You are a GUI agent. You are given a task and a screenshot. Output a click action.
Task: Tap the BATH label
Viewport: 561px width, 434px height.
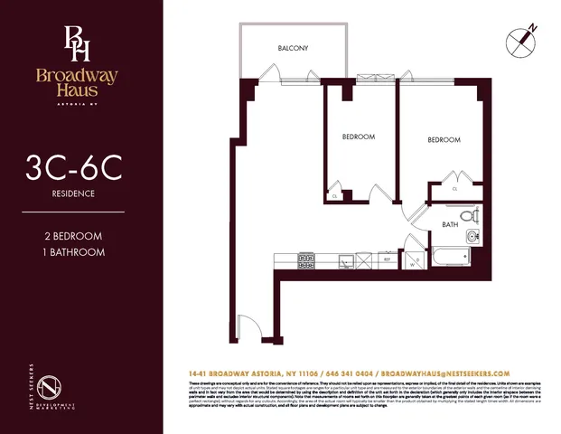[451, 224]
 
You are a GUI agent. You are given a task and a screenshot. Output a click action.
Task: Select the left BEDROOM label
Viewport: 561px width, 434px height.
[359, 137]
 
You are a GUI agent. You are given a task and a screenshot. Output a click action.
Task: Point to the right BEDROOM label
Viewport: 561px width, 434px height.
[444, 140]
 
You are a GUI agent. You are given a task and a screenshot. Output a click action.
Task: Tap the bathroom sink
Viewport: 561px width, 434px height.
[472, 238]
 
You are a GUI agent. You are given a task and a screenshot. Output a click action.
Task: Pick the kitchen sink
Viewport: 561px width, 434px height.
[345, 262]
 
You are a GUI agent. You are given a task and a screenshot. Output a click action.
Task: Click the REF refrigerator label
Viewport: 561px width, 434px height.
[387, 259]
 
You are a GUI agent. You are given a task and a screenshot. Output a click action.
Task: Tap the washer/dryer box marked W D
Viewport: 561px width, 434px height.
[415, 262]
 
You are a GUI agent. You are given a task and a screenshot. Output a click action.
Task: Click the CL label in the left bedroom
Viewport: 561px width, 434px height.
[335, 196]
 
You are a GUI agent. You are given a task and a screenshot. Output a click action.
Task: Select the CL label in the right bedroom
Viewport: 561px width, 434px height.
[453, 189]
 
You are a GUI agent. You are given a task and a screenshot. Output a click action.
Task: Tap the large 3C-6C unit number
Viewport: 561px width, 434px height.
[81, 170]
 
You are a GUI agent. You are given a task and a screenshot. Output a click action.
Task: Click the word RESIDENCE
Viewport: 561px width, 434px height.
[81, 193]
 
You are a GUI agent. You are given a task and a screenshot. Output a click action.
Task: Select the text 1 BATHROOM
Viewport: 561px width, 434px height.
[81, 251]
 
